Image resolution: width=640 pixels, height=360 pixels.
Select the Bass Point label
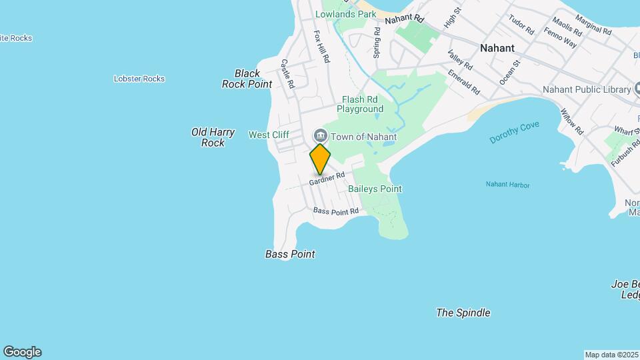290,254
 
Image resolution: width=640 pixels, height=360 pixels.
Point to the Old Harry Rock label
213,137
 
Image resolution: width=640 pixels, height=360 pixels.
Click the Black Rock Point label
247,79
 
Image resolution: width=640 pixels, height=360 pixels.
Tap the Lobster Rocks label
139,79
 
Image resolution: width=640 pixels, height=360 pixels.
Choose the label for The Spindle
463,313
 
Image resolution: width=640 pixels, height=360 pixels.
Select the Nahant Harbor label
507,185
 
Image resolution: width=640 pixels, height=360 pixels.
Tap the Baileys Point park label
375,189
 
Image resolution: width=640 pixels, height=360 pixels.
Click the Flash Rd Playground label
360,104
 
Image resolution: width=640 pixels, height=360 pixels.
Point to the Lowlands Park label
346,14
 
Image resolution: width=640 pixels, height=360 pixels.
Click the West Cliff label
269,135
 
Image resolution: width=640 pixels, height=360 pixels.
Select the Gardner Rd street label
327,179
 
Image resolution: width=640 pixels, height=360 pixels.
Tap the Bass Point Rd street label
336,211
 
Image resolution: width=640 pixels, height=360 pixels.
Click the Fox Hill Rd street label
321,46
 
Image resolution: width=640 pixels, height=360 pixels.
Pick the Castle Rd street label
287,73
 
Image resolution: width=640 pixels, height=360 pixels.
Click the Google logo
22,352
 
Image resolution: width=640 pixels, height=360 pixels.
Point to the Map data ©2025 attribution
611,355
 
